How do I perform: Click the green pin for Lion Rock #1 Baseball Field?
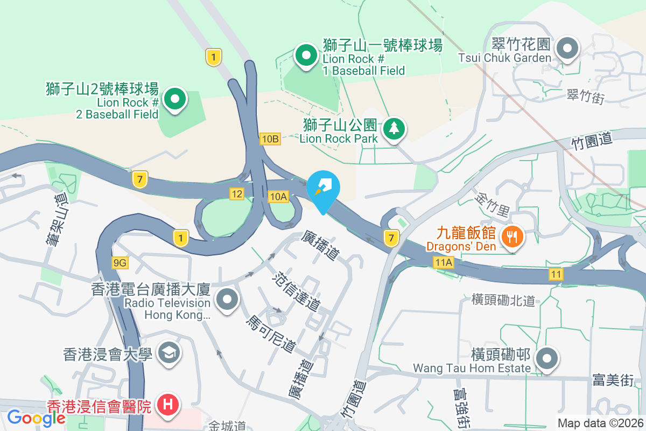(306, 55)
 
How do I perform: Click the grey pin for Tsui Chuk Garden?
(566, 48)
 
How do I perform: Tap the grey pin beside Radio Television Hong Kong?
(227, 300)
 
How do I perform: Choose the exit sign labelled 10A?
(278, 197)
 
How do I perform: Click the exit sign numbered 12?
(236, 193)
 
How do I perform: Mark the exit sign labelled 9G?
(120, 262)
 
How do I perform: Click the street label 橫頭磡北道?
(503, 300)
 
